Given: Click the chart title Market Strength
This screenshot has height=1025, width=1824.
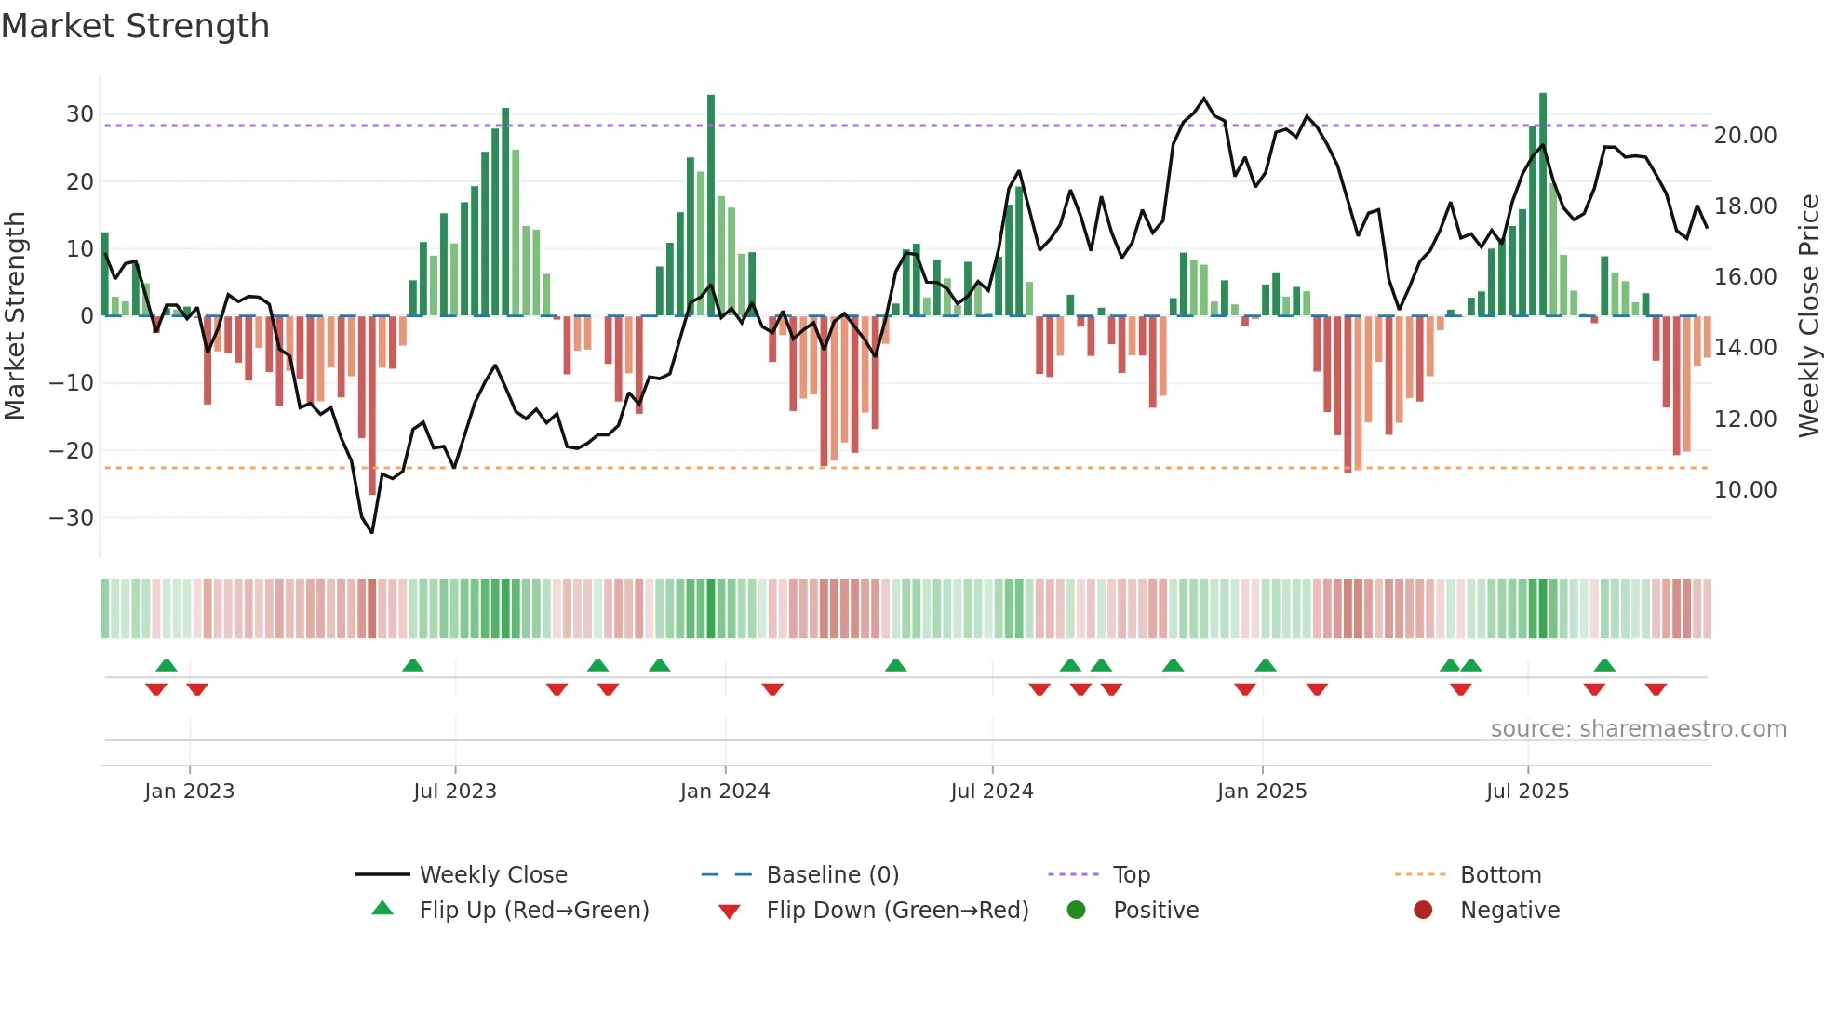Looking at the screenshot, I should click(x=135, y=26).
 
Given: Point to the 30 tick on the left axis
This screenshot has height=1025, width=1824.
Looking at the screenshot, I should click(x=79, y=114).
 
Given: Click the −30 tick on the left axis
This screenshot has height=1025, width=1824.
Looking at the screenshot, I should click(x=72, y=518).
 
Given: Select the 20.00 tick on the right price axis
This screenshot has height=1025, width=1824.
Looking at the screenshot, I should click(x=1745, y=136).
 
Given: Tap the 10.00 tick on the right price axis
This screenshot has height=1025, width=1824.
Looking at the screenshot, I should click(x=1745, y=490).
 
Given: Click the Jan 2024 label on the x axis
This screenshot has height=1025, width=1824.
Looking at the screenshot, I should click(x=724, y=792).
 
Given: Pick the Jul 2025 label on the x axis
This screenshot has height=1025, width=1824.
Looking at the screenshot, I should click(x=1527, y=792).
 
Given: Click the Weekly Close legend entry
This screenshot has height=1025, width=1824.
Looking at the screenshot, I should click(x=492, y=875).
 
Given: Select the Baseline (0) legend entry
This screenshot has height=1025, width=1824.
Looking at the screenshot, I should click(x=832, y=875).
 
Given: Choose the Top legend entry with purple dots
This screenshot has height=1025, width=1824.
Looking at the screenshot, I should click(x=1131, y=875).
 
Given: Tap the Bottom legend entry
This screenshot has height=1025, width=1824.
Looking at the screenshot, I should click(x=1500, y=875).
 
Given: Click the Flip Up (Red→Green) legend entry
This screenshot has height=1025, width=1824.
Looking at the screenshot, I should click(x=533, y=911).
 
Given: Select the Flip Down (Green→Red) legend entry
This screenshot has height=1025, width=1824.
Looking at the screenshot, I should click(x=897, y=911).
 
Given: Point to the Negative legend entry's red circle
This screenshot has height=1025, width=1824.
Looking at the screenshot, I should click(x=1423, y=911).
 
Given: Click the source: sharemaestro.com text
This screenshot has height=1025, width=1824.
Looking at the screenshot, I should click(x=1638, y=729).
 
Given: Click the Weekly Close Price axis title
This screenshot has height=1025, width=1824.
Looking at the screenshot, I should click(x=1808, y=316).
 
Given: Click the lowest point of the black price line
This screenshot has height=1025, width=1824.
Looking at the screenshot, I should click(x=372, y=532).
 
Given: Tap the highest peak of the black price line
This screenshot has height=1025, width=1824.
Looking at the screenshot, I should click(x=1204, y=99).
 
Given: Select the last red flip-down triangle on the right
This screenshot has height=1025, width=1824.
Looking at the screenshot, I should click(x=1656, y=689).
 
